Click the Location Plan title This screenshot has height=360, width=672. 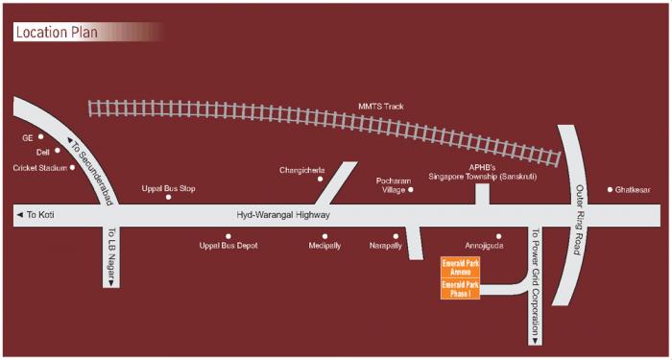click(x=57, y=32)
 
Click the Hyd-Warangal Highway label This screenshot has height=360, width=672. click(x=283, y=216)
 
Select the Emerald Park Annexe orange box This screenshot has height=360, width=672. click(x=459, y=267)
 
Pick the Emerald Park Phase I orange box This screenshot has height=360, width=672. click(x=459, y=288)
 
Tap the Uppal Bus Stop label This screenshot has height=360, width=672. click(x=168, y=188)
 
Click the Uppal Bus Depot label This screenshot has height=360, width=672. click(x=228, y=246)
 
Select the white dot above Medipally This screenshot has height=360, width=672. click(x=324, y=235)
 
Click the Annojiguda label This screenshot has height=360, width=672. click(x=484, y=246)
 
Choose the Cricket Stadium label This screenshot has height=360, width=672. click(x=40, y=168)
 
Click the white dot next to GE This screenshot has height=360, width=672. click(x=41, y=136)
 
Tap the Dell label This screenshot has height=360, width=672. click(x=42, y=152)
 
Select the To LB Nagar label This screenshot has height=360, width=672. click(x=111, y=256)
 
